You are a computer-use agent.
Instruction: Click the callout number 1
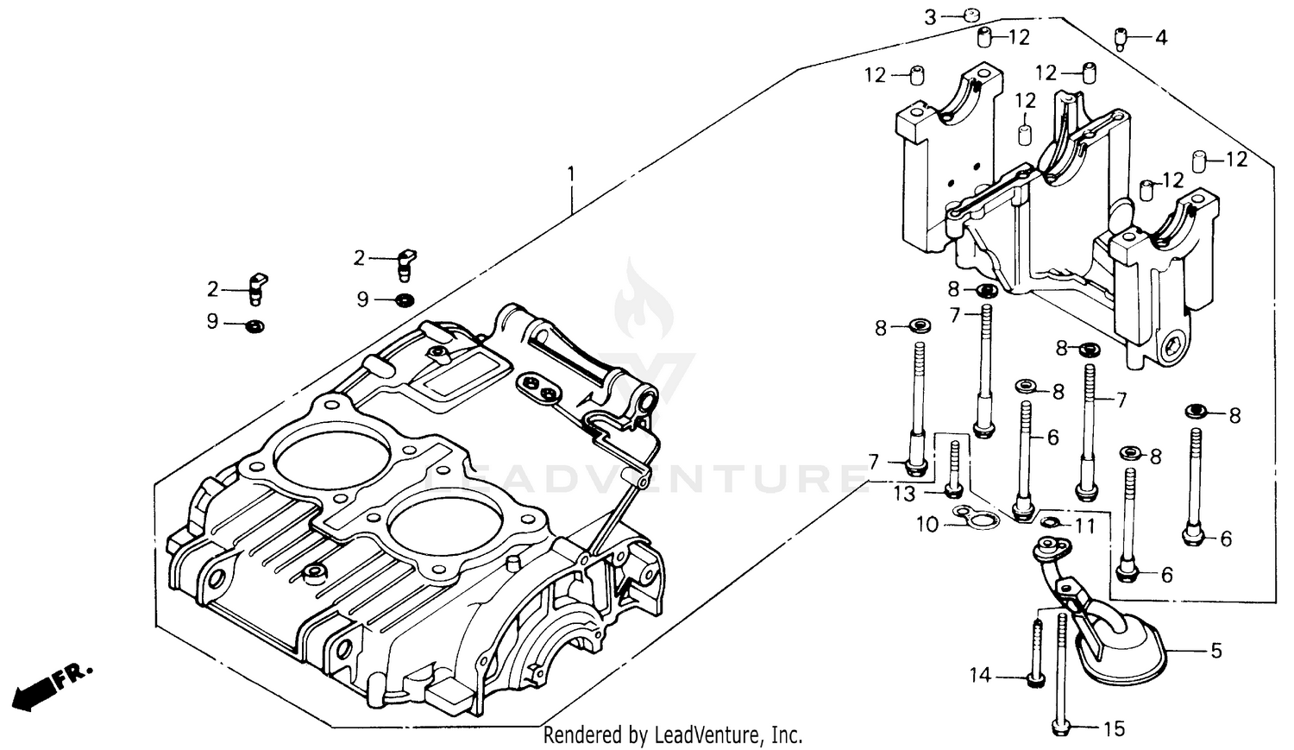click(570, 175)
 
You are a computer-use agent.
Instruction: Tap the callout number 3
click(930, 16)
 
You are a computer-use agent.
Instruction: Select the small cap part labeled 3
click(971, 14)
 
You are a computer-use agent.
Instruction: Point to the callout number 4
click(1160, 38)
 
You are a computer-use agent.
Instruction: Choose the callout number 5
click(1216, 651)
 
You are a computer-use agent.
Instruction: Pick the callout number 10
click(926, 525)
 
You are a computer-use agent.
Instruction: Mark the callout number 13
click(904, 493)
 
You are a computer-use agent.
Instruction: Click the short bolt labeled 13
click(954, 470)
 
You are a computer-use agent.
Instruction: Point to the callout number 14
click(980, 676)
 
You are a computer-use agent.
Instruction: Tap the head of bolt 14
click(1035, 679)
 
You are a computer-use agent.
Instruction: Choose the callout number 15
click(1114, 729)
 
